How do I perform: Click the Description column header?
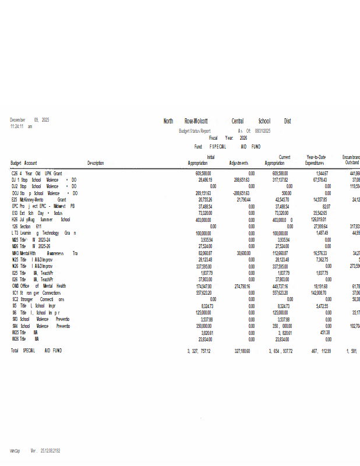(x=96, y=163)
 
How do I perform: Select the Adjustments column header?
(x=239, y=163)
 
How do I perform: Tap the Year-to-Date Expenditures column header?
(x=316, y=160)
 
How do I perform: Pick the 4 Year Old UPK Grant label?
(x=37, y=174)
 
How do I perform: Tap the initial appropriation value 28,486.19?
(x=203, y=180)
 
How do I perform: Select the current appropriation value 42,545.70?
(x=283, y=199)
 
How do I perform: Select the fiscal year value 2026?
(x=243, y=138)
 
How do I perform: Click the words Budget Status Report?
(x=195, y=132)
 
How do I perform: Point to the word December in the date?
(x=19, y=119)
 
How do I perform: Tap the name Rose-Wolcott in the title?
(x=196, y=121)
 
